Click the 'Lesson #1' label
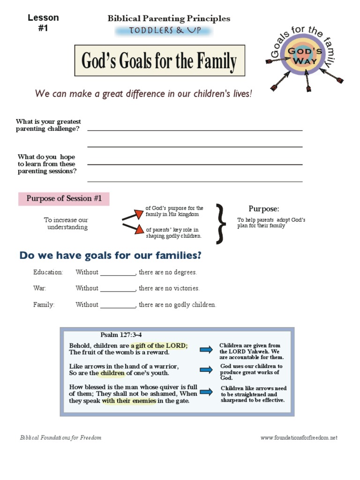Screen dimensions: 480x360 coord(43,23)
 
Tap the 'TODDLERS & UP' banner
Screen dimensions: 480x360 coord(164,31)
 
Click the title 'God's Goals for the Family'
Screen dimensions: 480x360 coord(159,61)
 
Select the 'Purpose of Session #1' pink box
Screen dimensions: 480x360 coord(64,198)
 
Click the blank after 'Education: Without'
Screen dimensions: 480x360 coord(118,273)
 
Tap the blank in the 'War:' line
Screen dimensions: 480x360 coord(118,289)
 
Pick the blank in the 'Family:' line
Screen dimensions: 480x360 coord(118,305)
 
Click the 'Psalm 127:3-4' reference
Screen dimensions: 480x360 coord(121,335)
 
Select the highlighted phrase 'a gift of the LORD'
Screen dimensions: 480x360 coord(159,345)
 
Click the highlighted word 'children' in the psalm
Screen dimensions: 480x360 coord(112,373)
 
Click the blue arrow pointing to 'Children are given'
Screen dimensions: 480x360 coord(206,349)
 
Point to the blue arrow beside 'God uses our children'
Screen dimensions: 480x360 coord(206,370)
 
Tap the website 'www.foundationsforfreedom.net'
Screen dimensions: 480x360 coord(299,438)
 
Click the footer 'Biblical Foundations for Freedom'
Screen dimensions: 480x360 coord(60,438)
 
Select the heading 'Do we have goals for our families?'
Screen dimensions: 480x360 coord(110,255)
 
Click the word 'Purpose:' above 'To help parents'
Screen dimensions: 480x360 coord(264,209)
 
